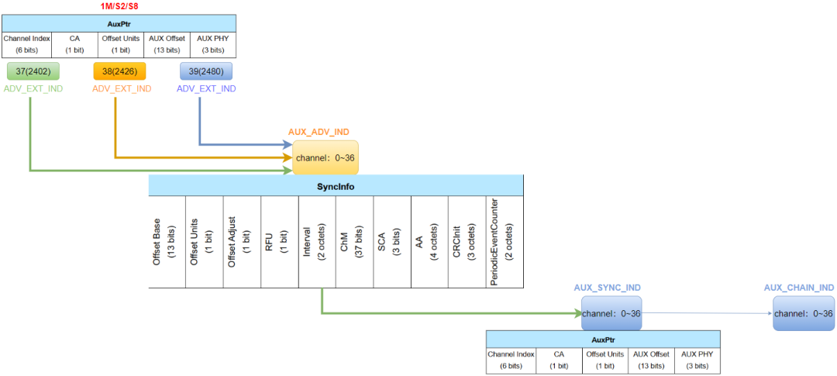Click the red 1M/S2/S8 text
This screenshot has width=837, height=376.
(119, 6)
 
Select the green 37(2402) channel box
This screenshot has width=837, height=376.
(33, 71)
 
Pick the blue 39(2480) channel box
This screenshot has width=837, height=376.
(205, 71)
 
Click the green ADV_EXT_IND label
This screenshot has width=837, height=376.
(33, 89)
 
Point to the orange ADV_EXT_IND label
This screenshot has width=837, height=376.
(122, 89)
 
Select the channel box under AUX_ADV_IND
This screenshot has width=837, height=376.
(325, 157)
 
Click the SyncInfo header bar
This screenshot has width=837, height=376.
(336, 185)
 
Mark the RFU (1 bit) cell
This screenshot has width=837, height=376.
(279, 241)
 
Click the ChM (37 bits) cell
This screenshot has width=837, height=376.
(354, 241)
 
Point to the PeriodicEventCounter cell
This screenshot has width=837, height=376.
(505, 241)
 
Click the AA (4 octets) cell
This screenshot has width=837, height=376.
(429, 241)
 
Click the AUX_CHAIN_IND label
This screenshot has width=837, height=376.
(798, 288)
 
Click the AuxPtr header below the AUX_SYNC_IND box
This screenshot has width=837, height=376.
(602, 340)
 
